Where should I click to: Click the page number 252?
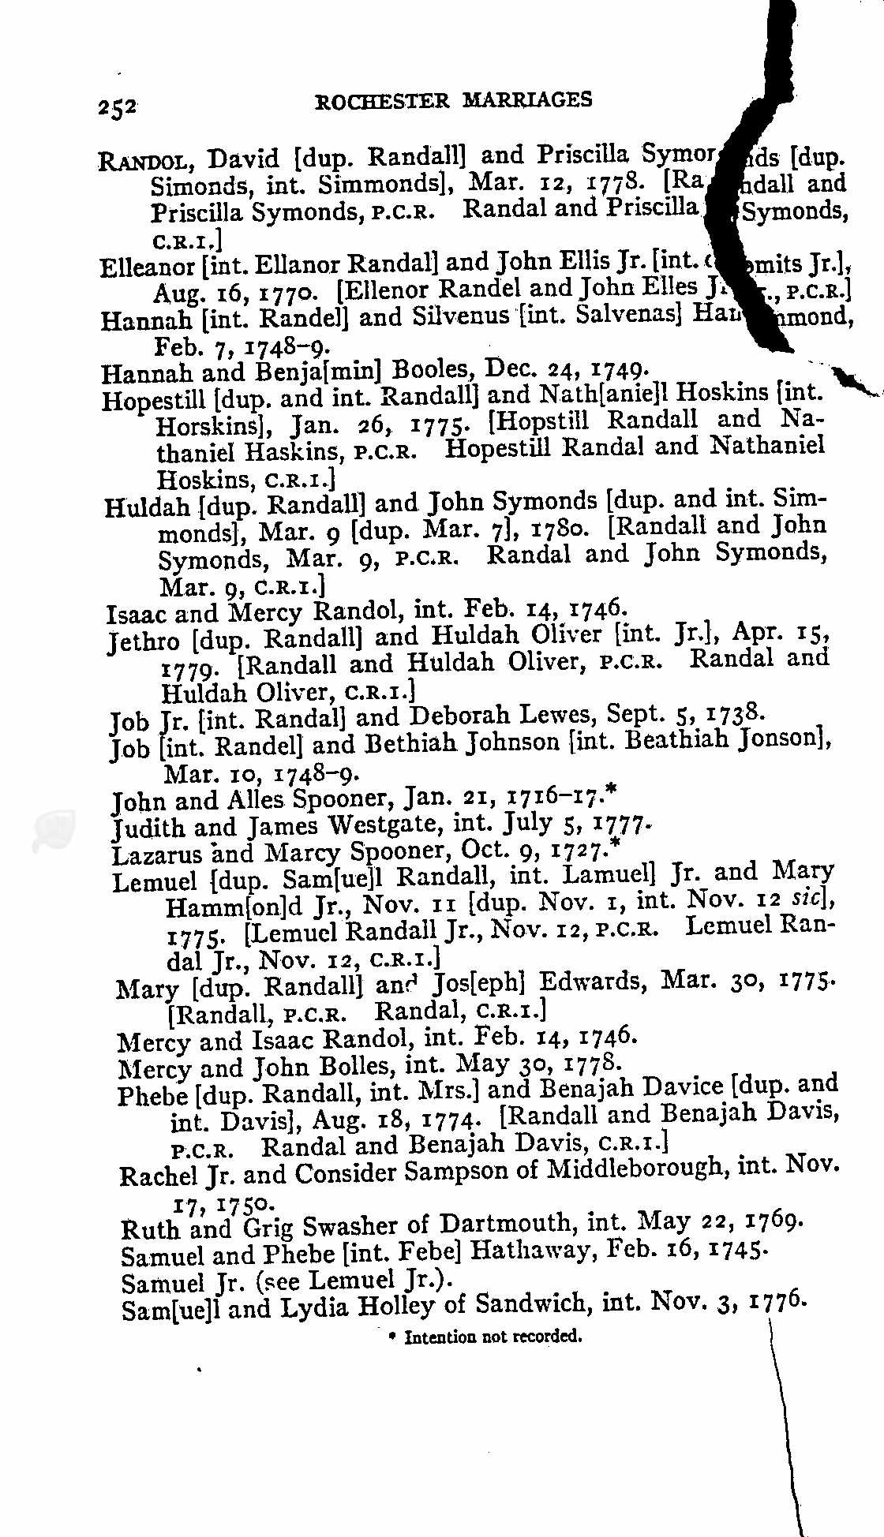(118, 107)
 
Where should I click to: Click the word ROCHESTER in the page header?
(382, 101)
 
